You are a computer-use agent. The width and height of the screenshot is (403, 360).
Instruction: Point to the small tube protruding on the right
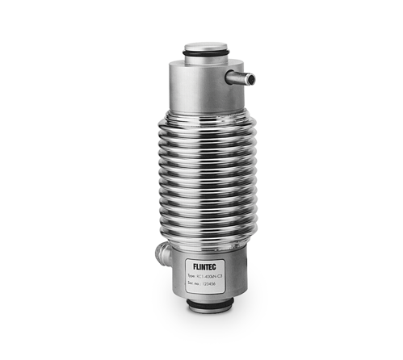tap(241, 78)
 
